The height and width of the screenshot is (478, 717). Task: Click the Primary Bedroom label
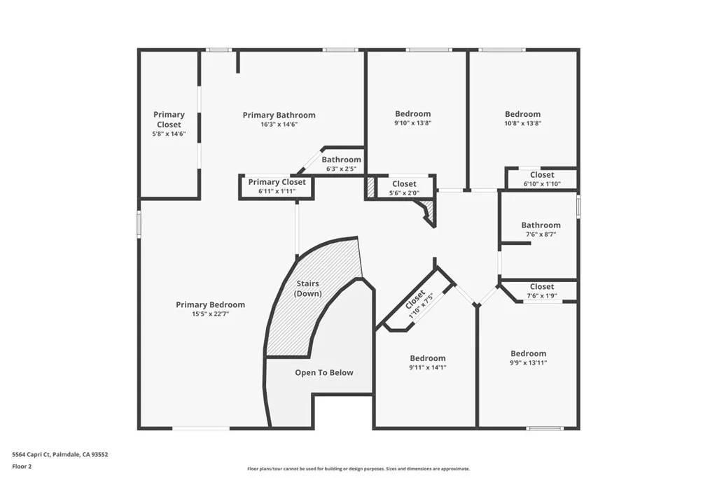(x=210, y=304)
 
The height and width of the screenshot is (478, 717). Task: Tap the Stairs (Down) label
(x=308, y=288)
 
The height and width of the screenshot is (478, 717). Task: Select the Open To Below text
(x=324, y=372)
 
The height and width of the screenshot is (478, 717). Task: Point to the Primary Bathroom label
(x=279, y=115)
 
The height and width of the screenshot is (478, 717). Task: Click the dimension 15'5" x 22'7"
(x=210, y=314)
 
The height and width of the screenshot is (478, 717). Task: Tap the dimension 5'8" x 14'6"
(x=169, y=134)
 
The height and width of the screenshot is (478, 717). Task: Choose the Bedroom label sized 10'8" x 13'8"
(x=523, y=114)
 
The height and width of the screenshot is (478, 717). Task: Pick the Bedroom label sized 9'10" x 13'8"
(x=413, y=113)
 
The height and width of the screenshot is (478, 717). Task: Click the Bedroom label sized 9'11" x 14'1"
(x=428, y=358)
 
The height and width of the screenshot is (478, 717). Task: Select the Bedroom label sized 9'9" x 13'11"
(x=528, y=353)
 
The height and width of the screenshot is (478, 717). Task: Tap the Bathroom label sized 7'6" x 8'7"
(x=541, y=225)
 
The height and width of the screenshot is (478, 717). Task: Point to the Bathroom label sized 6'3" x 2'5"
(x=342, y=160)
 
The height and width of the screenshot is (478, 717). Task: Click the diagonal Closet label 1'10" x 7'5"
(x=415, y=300)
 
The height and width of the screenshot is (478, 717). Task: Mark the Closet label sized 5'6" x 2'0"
(x=404, y=183)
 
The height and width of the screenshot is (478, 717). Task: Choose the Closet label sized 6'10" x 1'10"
(x=542, y=174)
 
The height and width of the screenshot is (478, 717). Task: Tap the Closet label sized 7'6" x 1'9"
(x=542, y=286)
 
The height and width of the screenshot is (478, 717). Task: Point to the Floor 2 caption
(x=22, y=465)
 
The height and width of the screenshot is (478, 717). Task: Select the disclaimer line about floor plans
(x=358, y=469)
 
